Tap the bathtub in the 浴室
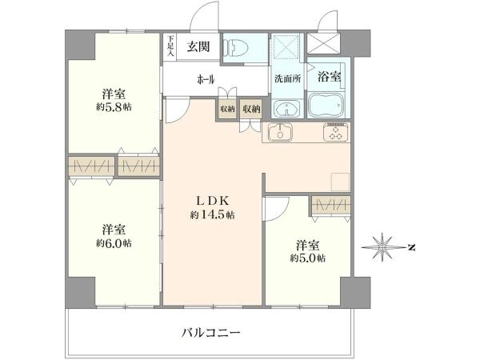pos(326,105)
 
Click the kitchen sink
pos(280,132)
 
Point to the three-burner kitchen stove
pos(336,132)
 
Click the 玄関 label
pos(198,46)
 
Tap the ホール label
pos(206,79)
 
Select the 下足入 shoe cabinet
pos(170,46)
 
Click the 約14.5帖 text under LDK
pos(213,215)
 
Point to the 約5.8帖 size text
pos(114,107)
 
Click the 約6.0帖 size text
pos(114,243)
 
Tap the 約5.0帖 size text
pos(308,258)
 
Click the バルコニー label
pos(211,332)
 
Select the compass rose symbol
pos(382,247)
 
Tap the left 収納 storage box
pos(227,109)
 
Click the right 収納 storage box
pos(251,109)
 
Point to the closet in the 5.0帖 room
pos(331,204)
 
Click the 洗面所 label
pos(287,78)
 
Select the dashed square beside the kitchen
pos(341,182)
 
